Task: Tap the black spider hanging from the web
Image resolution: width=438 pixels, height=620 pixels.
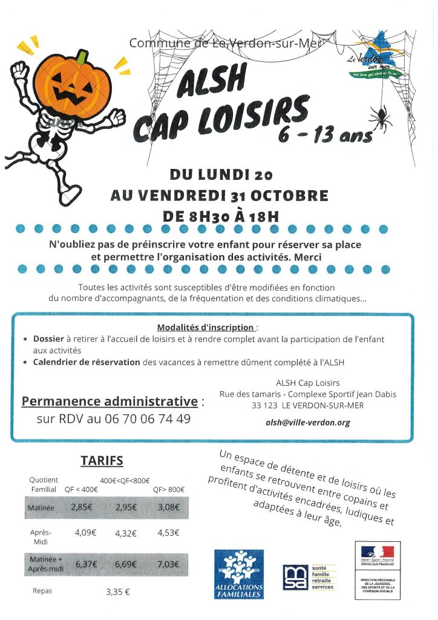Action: point(381,116)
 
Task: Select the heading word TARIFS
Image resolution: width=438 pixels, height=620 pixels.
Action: point(102,461)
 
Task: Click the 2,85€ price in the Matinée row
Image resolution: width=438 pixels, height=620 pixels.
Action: point(81,507)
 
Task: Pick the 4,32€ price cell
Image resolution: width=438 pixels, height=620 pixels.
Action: point(126,534)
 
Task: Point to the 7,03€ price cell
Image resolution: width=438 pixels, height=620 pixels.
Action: point(168,564)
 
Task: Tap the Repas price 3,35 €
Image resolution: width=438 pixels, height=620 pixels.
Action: point(118,592)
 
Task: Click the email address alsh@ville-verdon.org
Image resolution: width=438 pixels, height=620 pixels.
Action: point(308,423)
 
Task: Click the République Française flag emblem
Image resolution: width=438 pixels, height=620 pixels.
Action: point(377,552)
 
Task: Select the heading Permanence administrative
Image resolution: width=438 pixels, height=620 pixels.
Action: point(109,401)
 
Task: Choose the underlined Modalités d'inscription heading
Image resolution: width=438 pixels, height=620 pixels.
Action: point(206,328)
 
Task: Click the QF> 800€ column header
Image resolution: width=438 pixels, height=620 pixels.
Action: point(169,490)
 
